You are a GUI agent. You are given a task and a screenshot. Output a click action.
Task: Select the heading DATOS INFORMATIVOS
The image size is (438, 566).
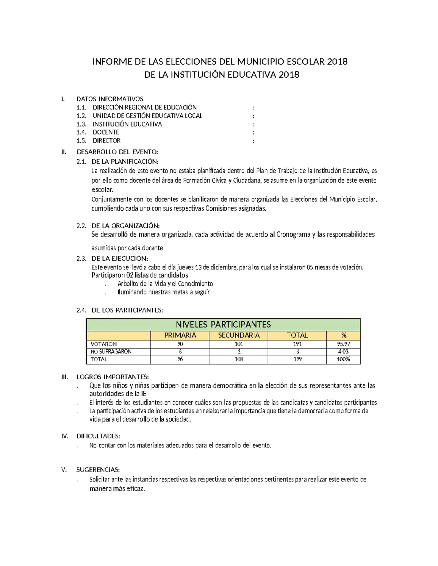click(x=109, y=99)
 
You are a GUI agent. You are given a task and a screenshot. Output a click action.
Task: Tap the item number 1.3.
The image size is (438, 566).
click(x=81, y=124)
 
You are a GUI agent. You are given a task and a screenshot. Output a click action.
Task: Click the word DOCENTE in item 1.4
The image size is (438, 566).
click(x=106, y=132)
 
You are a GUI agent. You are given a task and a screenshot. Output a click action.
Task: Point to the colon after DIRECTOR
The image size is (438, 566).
click(x=254, y=141)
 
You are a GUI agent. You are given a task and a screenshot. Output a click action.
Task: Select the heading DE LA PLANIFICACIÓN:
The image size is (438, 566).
click(x=125, y=161)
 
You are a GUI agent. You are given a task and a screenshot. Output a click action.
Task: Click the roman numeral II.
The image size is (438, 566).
click(x=64, y=152)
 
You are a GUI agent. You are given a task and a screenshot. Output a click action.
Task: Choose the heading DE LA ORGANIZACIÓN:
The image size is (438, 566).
click(x=125, y=226)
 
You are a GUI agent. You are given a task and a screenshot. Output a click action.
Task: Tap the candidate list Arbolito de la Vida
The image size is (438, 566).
click(x=165, y=283)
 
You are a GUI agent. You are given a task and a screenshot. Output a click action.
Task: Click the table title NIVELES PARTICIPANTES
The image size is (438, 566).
click(x=223, y=325)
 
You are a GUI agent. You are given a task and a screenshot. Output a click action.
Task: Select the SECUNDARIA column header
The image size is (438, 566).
click(x=239, y=335)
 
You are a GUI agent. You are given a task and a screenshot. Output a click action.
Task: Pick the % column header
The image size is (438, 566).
click(x=343, y=335)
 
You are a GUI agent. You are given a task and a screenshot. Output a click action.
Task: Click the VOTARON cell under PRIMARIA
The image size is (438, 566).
click(x=180, y=344)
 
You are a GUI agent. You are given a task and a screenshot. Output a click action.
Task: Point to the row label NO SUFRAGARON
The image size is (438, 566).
click(x=111, y=352)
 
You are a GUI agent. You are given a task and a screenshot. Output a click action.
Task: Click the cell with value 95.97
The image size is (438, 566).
click(x=343, y=344)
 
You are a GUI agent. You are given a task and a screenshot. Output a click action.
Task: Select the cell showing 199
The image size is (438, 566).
click(x=297, y=359)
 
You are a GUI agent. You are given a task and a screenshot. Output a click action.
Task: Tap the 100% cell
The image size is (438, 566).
click(x=343, y=359)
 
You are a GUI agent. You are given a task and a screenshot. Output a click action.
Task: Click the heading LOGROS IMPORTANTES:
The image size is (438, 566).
click(x=112, y=377)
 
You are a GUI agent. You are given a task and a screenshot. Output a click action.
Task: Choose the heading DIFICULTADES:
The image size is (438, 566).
click(x=98, y=436)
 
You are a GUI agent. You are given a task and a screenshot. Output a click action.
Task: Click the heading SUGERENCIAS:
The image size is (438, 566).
click(x=98, y=470)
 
